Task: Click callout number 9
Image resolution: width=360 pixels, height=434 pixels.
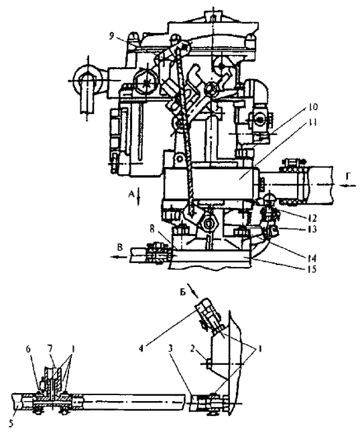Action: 111,37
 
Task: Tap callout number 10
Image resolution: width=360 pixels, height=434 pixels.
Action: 311,107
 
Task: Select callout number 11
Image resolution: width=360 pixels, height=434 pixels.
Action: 312,122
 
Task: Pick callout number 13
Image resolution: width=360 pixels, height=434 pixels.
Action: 312,229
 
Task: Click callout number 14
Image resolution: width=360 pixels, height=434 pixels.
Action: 312,258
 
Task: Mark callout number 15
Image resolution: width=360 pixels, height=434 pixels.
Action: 312,269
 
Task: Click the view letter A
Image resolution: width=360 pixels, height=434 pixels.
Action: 131,195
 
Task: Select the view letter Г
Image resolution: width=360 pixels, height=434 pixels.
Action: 347,175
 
